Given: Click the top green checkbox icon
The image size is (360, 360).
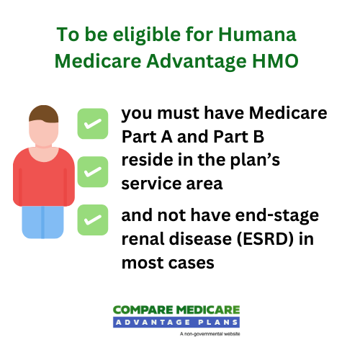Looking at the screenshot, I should pos(92,124).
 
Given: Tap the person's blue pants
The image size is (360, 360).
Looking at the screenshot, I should pos(43,220).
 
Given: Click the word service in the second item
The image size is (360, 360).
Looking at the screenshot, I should pos(148,184).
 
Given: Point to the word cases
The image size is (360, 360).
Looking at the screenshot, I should pos(192,263).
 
